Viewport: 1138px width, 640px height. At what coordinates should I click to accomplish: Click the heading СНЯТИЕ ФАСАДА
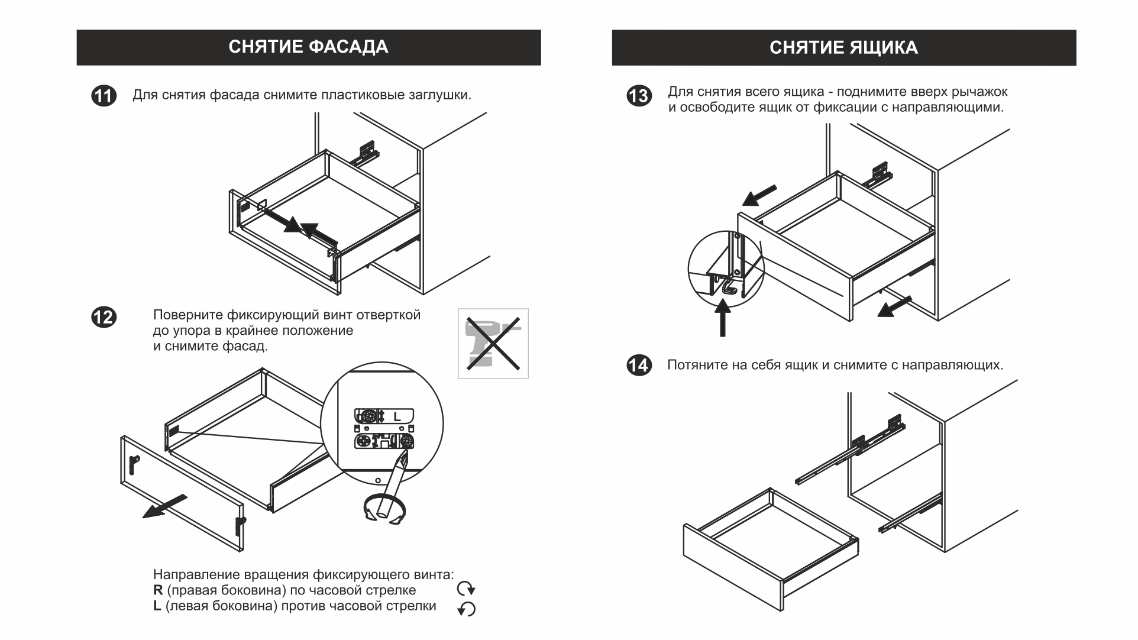point(308,47)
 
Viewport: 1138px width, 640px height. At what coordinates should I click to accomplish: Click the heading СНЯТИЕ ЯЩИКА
point(843,47)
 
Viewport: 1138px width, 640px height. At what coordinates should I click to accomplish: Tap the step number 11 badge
point(104,96)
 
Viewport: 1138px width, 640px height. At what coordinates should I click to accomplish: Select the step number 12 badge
point(104,318)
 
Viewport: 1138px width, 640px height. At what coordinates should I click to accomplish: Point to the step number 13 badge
point(639,96)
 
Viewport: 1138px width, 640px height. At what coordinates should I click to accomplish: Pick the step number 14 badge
point(639,365)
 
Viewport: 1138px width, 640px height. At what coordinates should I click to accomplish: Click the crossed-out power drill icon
point(493,344)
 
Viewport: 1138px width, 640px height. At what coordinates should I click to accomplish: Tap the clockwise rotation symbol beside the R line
point(466,589)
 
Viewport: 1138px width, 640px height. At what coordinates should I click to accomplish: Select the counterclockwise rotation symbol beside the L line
point(467,609)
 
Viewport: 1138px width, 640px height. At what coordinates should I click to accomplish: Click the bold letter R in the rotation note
point(158,590)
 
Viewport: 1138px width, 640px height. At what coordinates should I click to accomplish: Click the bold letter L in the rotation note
point(157,606)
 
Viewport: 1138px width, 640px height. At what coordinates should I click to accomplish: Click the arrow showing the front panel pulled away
point(165,506)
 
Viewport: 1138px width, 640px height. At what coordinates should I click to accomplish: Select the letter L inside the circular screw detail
point(397,416)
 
